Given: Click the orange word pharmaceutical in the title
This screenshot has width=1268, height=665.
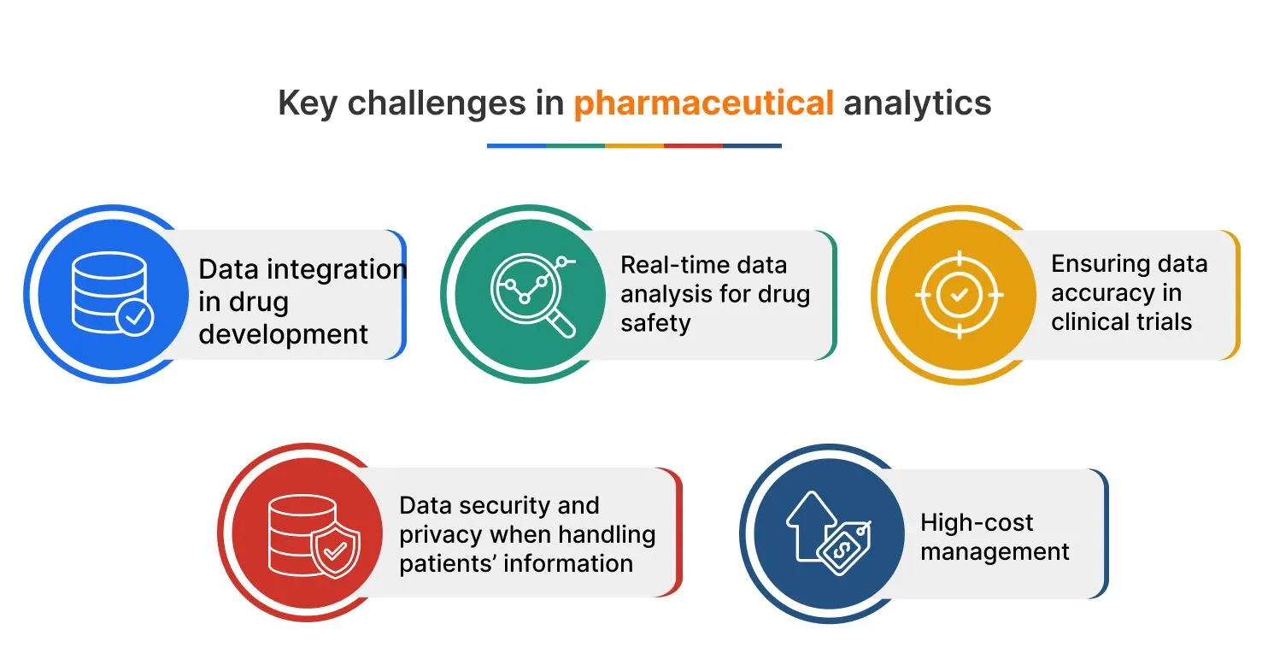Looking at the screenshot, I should [x=703, y=103].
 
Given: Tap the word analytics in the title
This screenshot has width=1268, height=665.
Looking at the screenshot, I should [x=917, y=103].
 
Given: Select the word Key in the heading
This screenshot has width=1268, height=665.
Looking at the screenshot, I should [x=308, y=103].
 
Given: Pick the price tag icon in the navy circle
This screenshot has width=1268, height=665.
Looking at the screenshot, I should [x=843, y=542].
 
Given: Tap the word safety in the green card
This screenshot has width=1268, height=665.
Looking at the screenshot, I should [x=655, y=323].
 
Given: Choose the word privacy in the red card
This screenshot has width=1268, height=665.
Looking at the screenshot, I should [x=442, y=535].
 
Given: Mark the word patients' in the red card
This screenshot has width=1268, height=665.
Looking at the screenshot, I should [x=448, y=564].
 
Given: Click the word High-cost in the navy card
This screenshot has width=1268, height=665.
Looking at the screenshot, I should [x=977, y=522].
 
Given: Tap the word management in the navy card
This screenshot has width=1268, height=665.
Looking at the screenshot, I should [x=995, y=552].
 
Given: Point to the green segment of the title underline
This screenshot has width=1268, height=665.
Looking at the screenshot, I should [x=575, y=146].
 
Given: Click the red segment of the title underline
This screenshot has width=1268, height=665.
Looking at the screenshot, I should [x=693, y=146].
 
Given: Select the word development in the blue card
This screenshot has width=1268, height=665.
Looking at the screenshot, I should [x=284, y=333].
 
